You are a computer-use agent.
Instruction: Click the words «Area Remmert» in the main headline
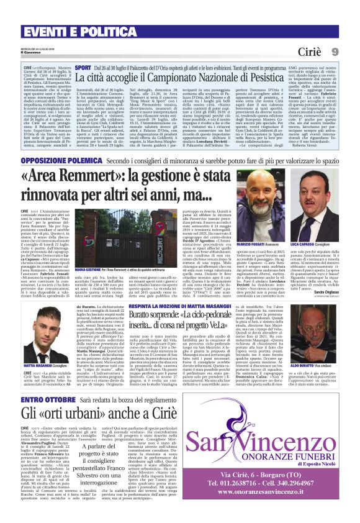pos(81,178)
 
